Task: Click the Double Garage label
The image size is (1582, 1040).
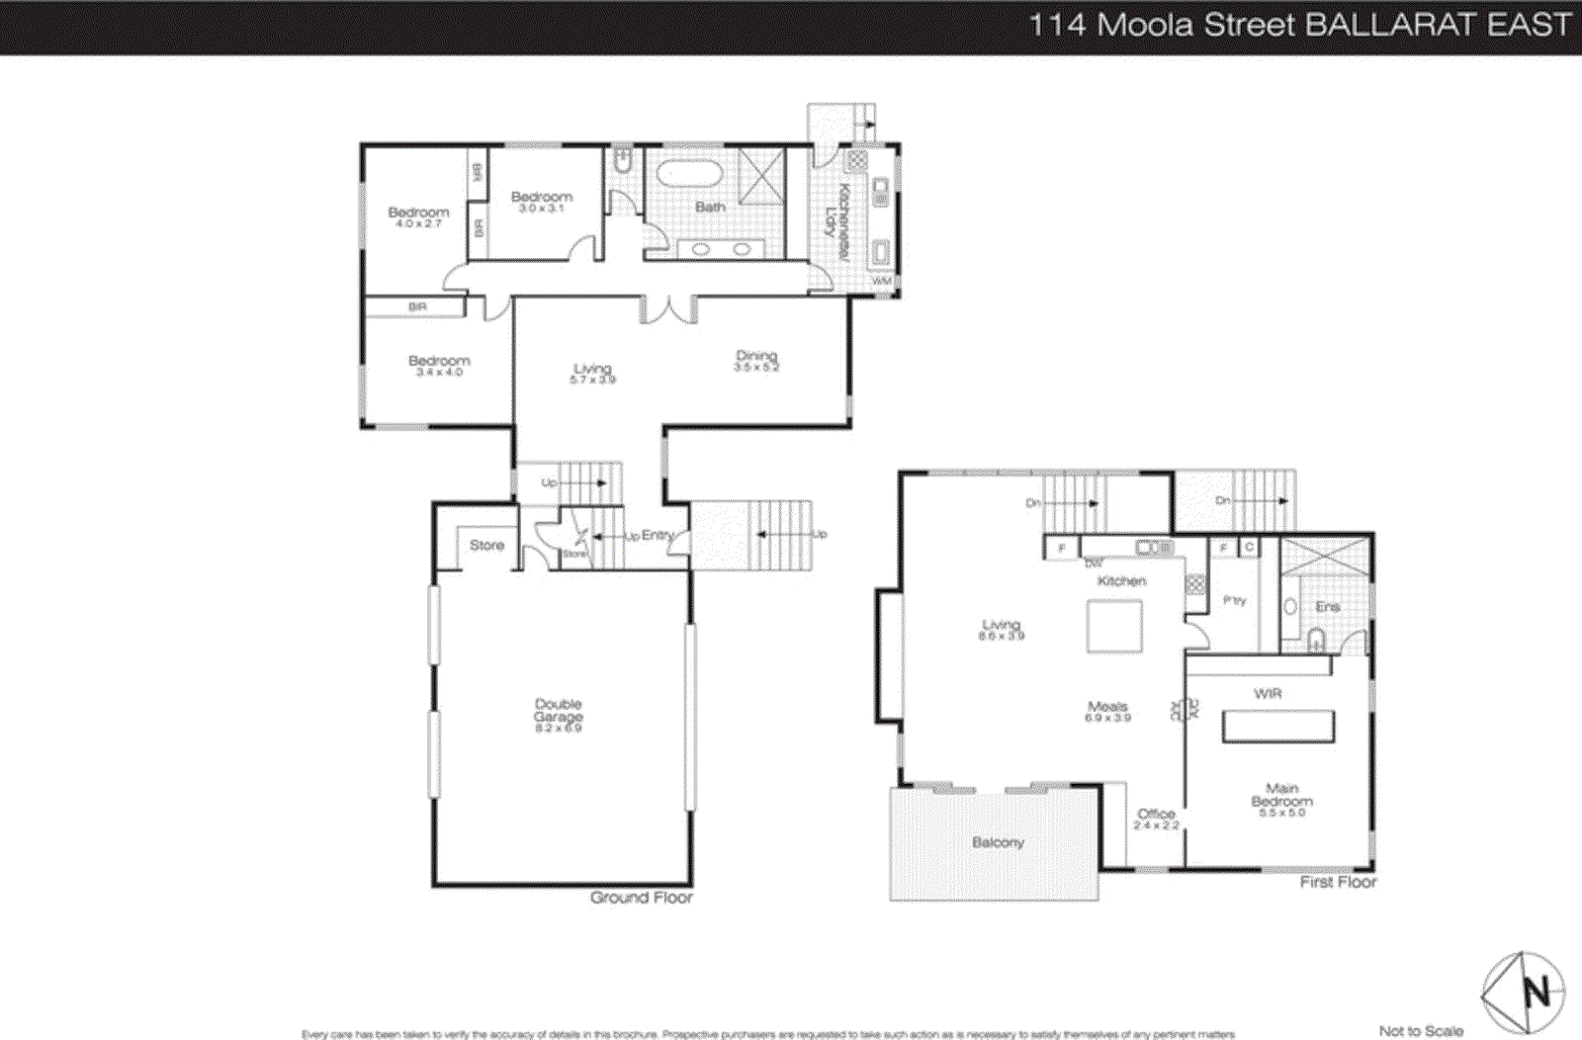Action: [559, 715]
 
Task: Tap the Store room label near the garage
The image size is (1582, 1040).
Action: [486, 545]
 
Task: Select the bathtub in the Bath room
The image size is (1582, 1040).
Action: [690, 174]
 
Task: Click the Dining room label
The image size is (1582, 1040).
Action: [756, 360]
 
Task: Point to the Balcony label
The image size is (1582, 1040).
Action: [998, 842]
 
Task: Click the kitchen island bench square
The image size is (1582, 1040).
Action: [1114, 626]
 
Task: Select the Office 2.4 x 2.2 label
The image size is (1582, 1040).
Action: [1156, 819]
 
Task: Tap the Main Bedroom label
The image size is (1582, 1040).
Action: [1281, 799]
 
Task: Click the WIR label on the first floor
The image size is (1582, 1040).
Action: [1268, 693]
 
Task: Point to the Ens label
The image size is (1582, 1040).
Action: [1327, 606]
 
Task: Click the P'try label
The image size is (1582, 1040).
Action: [1234, 600]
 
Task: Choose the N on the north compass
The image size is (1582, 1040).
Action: [1537, 991]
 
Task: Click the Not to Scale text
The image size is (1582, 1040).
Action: [1421, 1030]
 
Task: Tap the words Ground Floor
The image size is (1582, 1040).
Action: [641, 897]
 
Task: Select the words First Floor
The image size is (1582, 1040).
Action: [1338, 881]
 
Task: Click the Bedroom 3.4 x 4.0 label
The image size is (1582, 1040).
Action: [439, 365]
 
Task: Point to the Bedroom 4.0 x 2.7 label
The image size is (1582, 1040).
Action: [418, 217]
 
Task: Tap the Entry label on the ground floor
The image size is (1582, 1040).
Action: [657, 535]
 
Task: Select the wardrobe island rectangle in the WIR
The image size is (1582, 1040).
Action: [1278, 726]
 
